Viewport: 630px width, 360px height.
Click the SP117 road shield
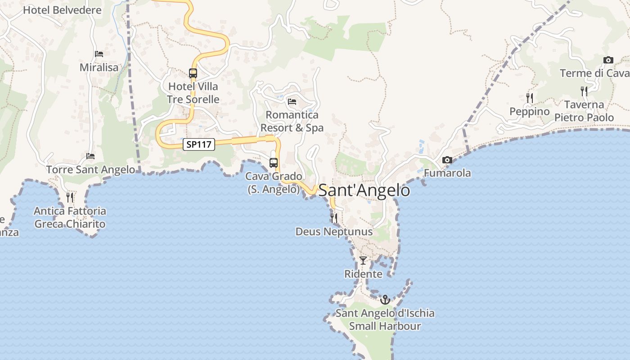click(x=199, y=144)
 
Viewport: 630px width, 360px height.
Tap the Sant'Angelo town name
click(x=364, y=190)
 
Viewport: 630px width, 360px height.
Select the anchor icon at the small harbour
click(x=385, y=299)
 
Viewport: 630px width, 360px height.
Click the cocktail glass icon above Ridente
click(x=363, y=261)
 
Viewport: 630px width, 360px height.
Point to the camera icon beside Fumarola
click(x=447, y=160)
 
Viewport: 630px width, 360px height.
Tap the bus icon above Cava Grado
click(x=274, y=163)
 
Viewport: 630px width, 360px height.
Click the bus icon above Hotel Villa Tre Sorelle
click(x=193, y=73)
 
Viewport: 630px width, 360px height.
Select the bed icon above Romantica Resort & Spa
click(x=292, y=102)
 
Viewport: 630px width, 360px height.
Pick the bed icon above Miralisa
click(x=99, y=54)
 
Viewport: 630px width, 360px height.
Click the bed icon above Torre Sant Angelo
click(x=90, y=156)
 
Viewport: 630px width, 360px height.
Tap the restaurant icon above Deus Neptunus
click(x=334, y=218)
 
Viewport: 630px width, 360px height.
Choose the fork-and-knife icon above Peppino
click(x=530, y=98)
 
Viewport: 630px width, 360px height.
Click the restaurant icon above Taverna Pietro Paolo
click(x=584, y=91)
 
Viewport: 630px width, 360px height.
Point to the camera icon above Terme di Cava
click(x=608, y=60)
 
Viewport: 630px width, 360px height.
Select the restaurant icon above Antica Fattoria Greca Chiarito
click(x=70, y=197)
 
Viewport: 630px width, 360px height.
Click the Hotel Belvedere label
click(x=62, y=10)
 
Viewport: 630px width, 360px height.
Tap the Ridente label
click(x=363, y=274)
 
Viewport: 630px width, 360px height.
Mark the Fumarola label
click(x=447, y=173)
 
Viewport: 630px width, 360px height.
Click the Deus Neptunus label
click(x=334, y=232)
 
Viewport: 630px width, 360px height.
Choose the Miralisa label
click(x=99, y=67)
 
